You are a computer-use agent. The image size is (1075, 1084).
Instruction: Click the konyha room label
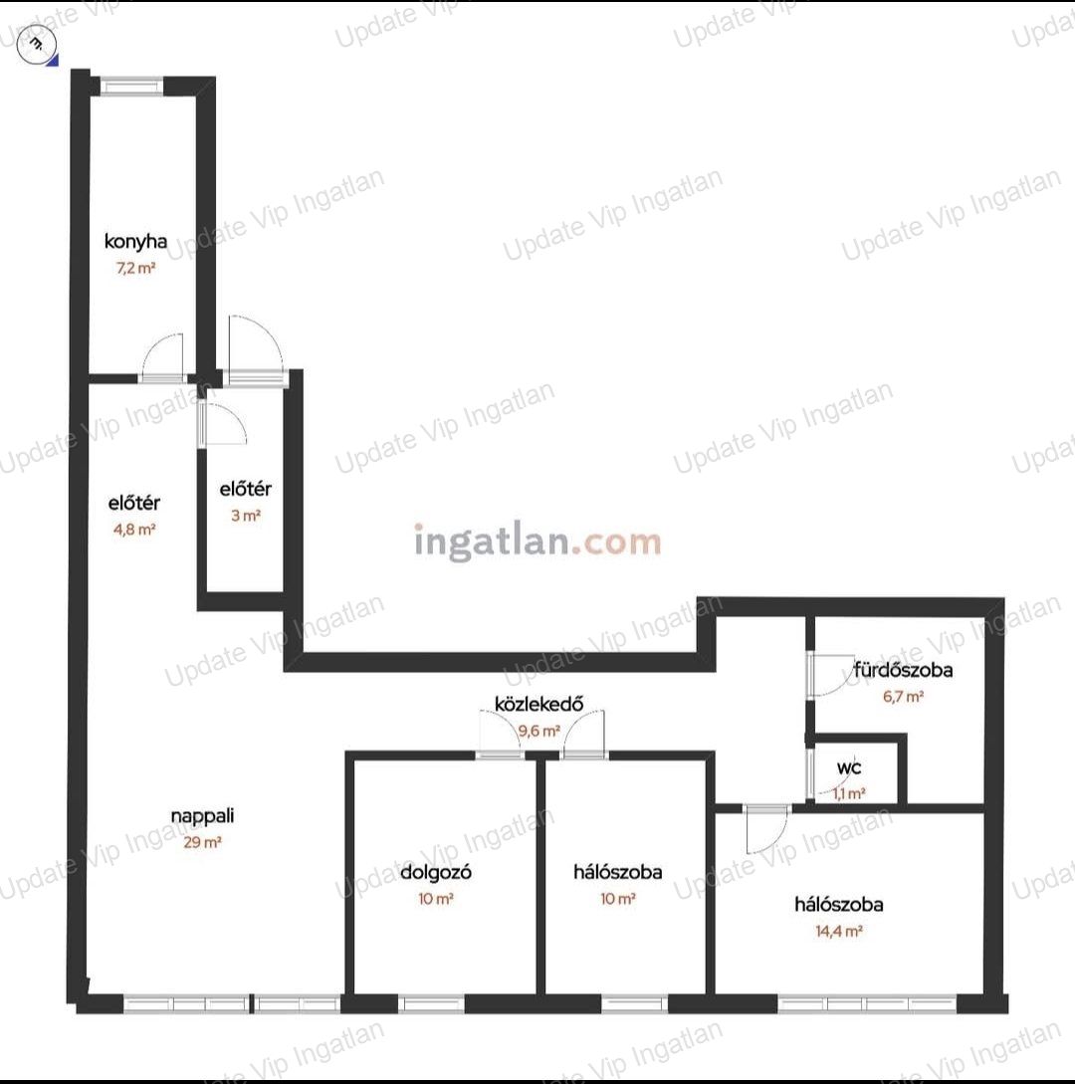point(135,241)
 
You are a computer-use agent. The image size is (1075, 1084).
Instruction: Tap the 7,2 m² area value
point(135,268)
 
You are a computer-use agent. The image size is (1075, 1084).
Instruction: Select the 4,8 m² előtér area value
point(134,530)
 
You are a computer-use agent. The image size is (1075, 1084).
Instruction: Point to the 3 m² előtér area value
point(246,515)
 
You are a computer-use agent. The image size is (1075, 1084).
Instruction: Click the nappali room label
point(202,816)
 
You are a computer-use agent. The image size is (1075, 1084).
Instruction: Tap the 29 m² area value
point(202,842)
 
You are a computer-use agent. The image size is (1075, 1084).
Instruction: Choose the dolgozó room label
point(436,872)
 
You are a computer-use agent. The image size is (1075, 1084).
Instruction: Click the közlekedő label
point(538,704)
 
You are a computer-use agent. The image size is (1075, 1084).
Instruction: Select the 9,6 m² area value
point(539,731)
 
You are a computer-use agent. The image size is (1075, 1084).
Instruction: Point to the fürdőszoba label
point(903,669)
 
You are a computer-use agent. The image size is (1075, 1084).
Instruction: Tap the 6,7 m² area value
point(903,696)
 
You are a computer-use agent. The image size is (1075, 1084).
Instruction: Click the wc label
point(849,768)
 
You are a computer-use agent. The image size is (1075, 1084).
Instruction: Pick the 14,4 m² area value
point(838,931)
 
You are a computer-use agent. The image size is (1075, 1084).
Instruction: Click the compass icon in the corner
point(35,44)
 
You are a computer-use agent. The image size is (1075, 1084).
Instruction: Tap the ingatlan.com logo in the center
point(537,542)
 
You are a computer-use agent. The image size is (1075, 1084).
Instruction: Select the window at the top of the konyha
point(131,87)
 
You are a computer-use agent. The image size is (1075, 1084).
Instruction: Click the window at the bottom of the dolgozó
point(431,1003)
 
